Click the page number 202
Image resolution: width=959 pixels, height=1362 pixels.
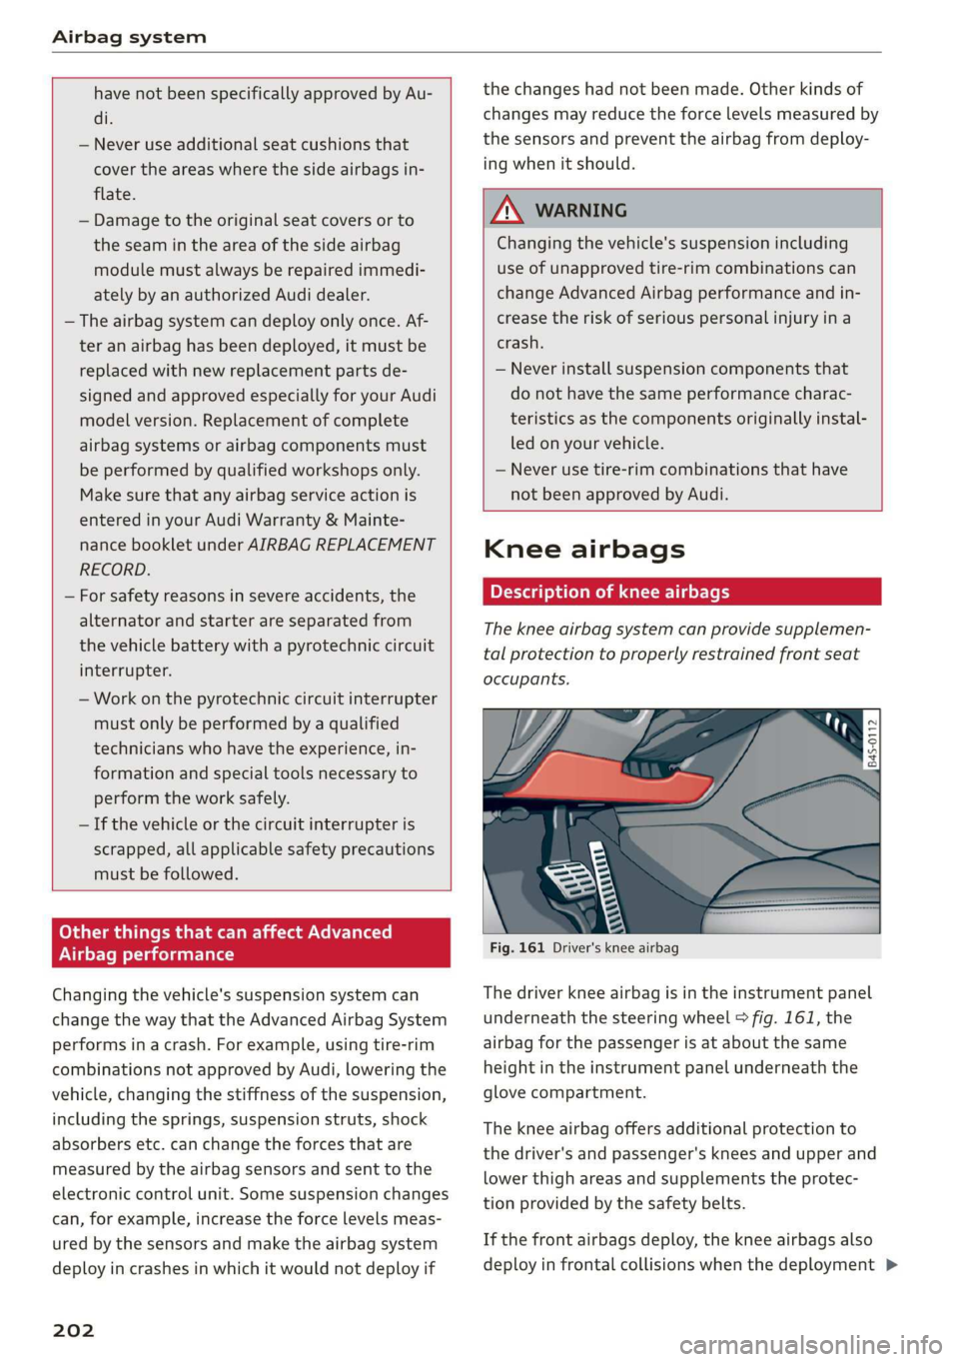point(73,1330)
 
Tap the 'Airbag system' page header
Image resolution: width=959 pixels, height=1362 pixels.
point(129,37)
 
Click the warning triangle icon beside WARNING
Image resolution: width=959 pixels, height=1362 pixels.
point(508,210)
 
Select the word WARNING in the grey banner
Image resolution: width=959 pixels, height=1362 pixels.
point(580,211)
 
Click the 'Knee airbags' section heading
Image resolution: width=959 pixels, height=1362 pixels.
point(583,549)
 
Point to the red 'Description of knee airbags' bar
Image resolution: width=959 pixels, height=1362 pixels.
point(681,592)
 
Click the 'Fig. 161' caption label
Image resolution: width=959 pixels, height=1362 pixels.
point(516,947)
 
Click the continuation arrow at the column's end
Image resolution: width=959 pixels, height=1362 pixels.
point(891,1265)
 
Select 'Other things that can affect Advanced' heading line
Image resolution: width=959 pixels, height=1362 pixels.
point(225,931)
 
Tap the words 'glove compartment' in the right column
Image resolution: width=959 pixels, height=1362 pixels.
point(563,1092)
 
